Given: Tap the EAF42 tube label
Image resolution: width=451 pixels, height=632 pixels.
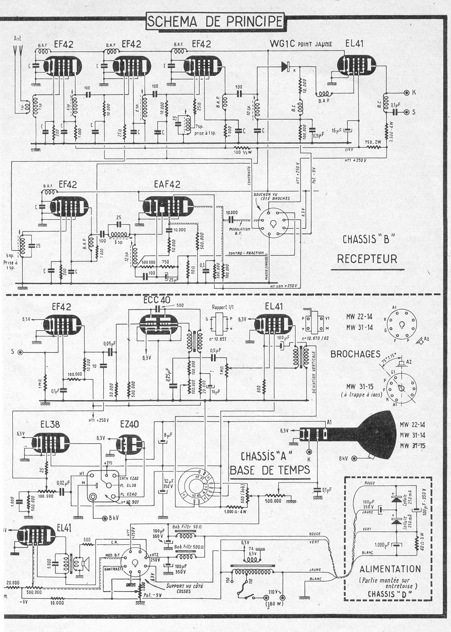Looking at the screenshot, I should click(x=167, y=185).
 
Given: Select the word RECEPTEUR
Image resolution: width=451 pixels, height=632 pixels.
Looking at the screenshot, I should click(x=367, y=259).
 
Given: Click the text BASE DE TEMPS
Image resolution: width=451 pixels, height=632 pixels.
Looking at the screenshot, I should click(x=270, y=470).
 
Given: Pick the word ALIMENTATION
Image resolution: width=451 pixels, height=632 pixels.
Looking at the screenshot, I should click(x=390, y=569).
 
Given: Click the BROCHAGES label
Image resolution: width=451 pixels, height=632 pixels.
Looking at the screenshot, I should click(x=355, y=353).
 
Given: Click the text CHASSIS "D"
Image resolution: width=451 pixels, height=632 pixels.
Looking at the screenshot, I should click(x=390, y=593).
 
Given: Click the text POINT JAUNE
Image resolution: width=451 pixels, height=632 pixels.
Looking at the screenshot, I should click(x=315, y=45).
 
